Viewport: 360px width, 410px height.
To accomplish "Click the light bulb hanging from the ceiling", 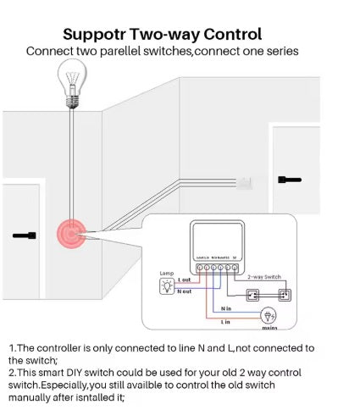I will click(73, 83).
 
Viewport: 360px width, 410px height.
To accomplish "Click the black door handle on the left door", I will click(25, 235).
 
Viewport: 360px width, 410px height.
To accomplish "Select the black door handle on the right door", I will click(290, 180).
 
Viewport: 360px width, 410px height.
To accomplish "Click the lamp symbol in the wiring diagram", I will click(167, 286).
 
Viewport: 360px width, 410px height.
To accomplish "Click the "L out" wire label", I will click(186, 279).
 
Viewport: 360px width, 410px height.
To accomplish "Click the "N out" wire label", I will click(186, 291).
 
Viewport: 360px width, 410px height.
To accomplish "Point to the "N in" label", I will click(226, 308).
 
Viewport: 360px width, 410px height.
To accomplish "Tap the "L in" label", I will click(226, 322).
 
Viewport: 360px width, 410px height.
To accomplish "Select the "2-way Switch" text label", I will click(265, 277).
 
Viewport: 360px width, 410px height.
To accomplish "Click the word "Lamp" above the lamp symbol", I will click(167, 273).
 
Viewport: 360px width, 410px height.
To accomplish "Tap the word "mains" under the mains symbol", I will click(269, 327).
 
